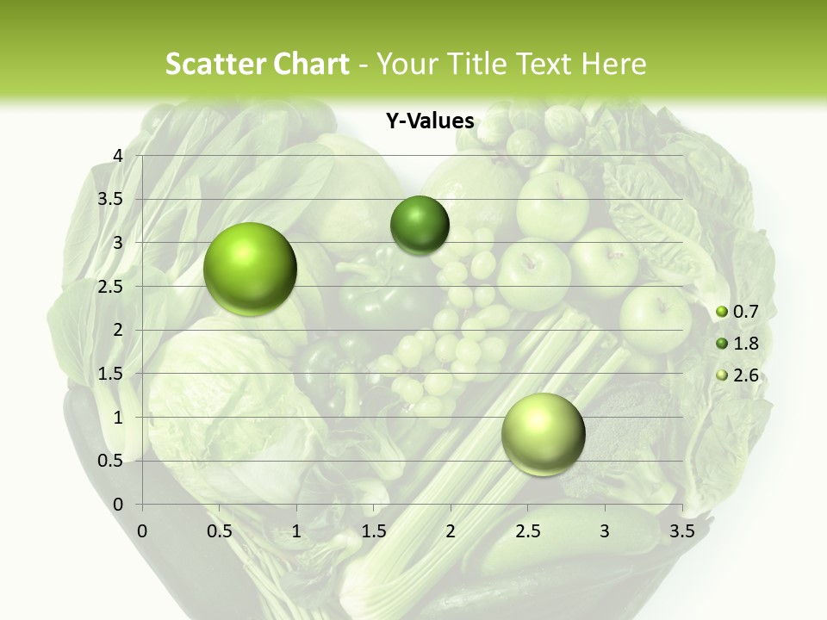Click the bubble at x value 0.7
click(x=251, y=269)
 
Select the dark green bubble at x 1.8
click(x=420, y=226)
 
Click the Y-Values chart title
click(x=430, y=121)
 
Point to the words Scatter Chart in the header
click(x=257, y=64)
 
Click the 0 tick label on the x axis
click(x=142, y=531)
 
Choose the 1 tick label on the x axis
click(x=296, y=531)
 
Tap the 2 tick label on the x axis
click(x=451, y=531)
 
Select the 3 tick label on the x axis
click(x=605, y=531)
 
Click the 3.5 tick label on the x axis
click(x=681, y=531)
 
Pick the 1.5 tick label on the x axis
click(x=373, y=531)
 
